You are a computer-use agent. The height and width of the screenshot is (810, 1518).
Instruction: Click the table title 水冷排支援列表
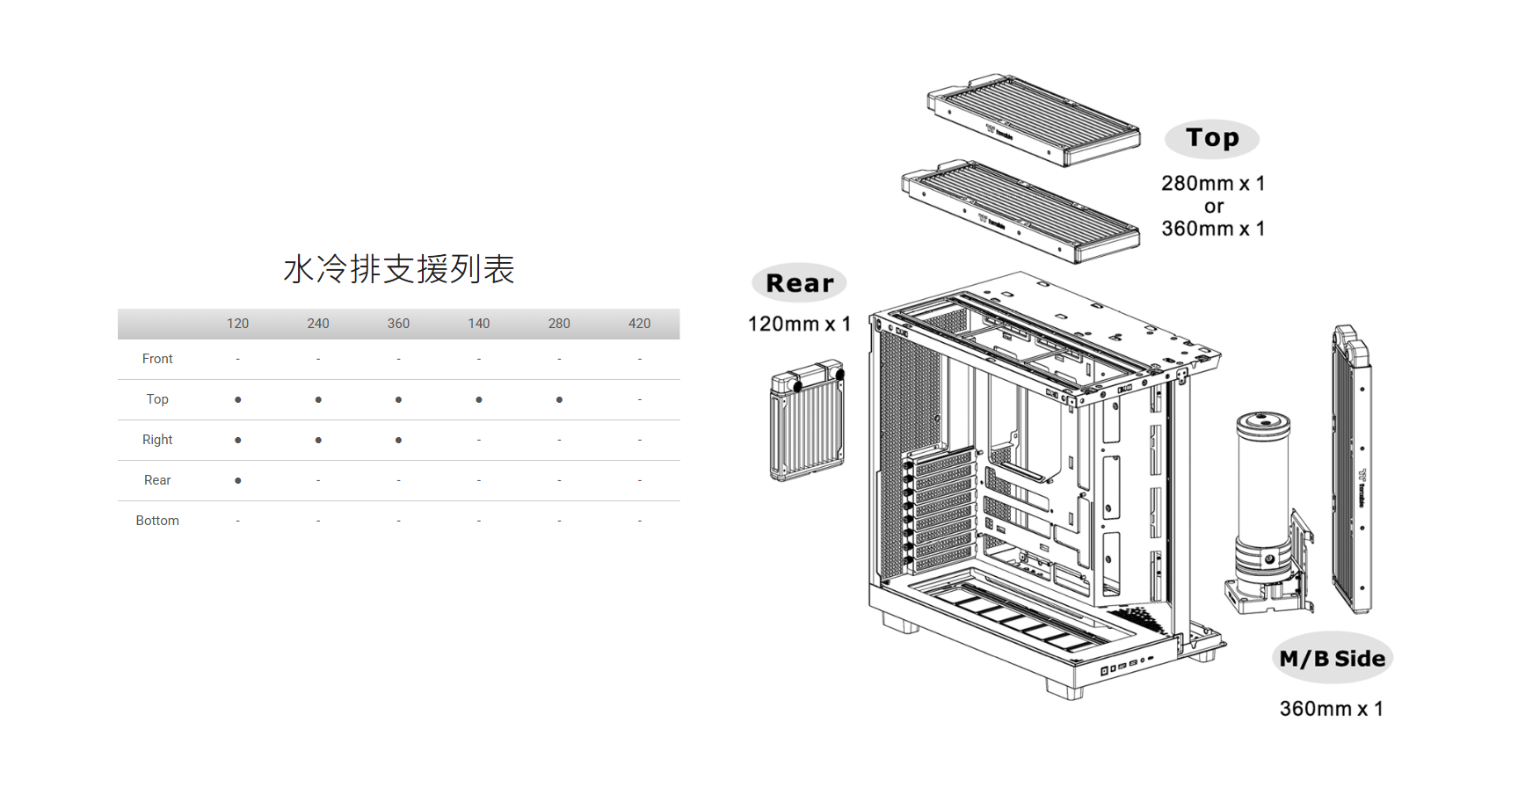click(398, 269)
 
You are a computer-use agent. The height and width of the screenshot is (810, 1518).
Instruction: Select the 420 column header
click(639, 324)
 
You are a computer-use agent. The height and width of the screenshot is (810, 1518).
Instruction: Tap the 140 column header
click(478, 324)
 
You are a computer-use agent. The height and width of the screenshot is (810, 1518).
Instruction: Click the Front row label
click(157, 359)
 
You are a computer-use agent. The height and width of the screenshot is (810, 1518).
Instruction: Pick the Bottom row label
click(157, 521)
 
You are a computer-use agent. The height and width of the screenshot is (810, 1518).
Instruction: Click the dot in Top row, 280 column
click(559, 400)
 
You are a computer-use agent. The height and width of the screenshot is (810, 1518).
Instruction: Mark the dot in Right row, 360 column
click(398, 440)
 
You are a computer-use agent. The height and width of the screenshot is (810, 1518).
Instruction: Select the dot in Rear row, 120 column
click(237, 480)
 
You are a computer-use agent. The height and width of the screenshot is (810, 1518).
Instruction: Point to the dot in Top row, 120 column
click(237, 400)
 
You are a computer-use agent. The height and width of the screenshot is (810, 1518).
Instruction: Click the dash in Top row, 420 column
click(639, 400)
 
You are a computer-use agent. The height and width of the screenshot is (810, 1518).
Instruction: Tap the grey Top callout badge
click(1212, 138)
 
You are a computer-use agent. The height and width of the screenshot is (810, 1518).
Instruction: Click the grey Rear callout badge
click(799, 283)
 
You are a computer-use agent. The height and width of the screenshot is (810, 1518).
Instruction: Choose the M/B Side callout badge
click(1332, 659)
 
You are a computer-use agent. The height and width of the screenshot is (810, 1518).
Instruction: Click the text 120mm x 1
click(799, 324)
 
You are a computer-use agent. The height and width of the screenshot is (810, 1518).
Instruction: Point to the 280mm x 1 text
click(1212, 183)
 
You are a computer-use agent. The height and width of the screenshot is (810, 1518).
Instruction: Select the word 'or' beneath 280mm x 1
click(1214, 207)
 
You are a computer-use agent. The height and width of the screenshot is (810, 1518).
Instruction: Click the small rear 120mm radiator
click(807, 420)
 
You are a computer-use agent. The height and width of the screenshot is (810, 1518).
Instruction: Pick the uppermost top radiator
click(1034, 120)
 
